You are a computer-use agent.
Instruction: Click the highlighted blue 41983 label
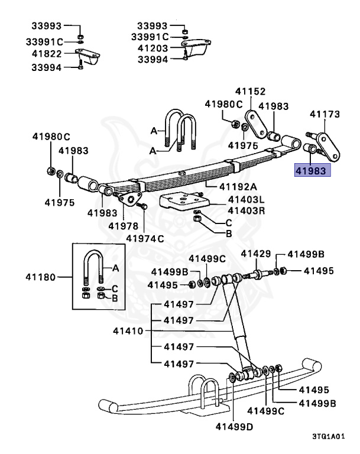(x=314, y=170)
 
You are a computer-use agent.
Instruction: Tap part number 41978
(x=124, y=226)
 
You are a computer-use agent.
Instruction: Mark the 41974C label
(x=145, y=238)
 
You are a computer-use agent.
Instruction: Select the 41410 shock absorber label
(x=128, y=332)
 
